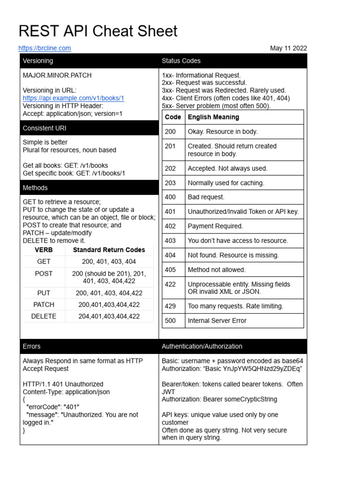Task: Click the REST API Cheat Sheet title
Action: (x=98, y=31)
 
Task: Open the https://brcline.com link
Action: (x=45, y=48)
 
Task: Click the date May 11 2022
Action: (x=288, y=48)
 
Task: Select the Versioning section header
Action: (x=38, y=61)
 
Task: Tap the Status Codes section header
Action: (x=181, y=61)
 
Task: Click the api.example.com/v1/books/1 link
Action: (x=73, y=98)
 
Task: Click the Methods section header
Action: (x=35, y=187)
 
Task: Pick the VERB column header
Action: (x=44, y=250)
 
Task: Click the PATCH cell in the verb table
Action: (x=44, y=305)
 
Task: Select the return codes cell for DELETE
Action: (x=109, y=316)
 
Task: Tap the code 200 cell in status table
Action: (x=171, y=132)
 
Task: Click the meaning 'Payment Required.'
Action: (x=215, y=226)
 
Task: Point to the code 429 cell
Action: (x=171, y=306)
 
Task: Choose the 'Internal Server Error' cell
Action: (x=217, y=321)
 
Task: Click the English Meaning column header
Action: (x=213, y=117)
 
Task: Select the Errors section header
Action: (x=32, y=346)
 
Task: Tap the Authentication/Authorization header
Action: (x=202, y=346)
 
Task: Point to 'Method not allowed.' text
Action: (x=217, y=270)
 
